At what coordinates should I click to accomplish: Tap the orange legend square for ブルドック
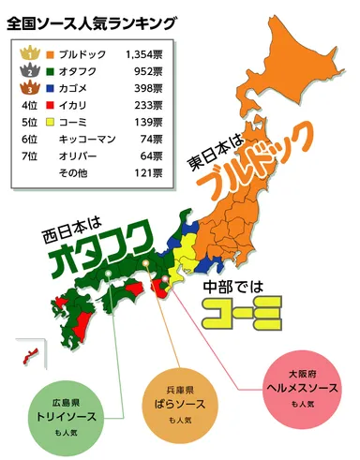point(50,56)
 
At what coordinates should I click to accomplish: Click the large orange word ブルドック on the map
point(255,174)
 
